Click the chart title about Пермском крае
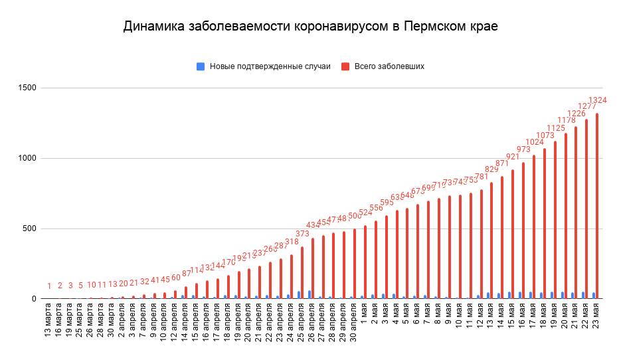tap(310, 27)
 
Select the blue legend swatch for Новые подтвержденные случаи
tap(200, 66)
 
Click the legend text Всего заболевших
tap(389, 66)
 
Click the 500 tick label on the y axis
tap(29, 229)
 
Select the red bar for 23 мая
tap(597, 206)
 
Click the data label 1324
tap(597, 100)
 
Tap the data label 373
tap(302, 234)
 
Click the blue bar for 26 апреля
tap(310, 294)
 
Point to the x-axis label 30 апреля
tap(355, 326)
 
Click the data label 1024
tap(535, 142)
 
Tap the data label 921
tap(513, 157)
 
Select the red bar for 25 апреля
tap(302, 273)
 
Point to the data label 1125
tap(555, 128)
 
